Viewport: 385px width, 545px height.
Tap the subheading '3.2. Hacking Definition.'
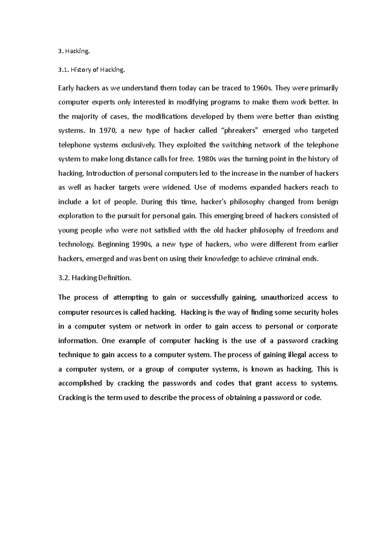pyautogui.click(x=95, y=278)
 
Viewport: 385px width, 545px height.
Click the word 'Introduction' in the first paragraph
pyautogui.click(x=105, y=174)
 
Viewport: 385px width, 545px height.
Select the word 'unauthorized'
pyautogui.click(x=282, y=298)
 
